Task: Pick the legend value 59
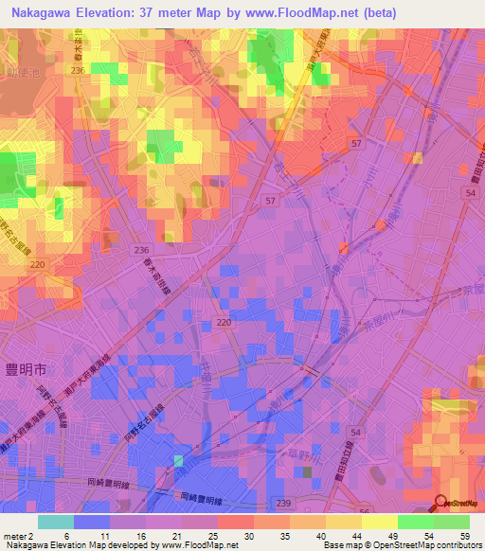click(x=463, y=535)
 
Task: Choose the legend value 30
click(x=249, y=535)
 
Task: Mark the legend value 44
click(x=356, y=535)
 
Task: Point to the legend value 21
click(x=177, y=535)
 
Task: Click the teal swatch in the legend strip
click(x=56, y=522)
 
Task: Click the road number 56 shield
click(x=365, y=511)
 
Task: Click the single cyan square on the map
click(x=177, y=460)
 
